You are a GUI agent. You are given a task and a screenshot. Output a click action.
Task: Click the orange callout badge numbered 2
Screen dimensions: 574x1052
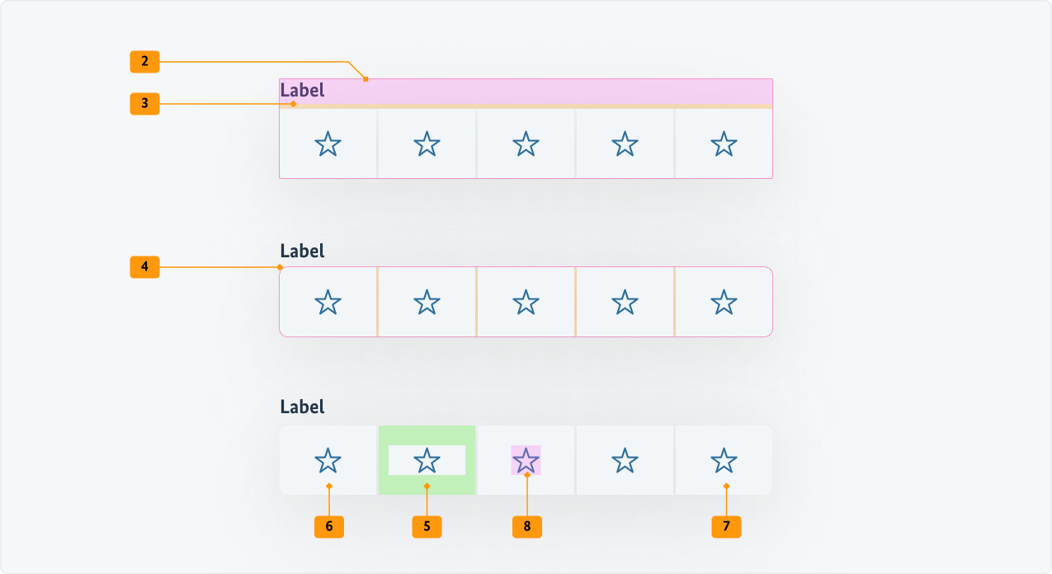click(x=144, y=61)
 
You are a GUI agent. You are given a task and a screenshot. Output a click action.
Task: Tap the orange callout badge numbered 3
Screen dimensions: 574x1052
click(x=144, y=104)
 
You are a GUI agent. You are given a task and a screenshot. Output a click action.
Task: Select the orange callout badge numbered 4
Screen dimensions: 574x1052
click(x=144, y=267)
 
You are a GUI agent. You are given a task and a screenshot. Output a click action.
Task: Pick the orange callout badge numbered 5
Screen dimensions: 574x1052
click(x=427, y=526)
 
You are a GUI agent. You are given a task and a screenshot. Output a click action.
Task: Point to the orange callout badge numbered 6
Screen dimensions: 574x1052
click(x=329, y=526)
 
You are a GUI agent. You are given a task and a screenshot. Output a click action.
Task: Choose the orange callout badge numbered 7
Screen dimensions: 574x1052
click(x=726, y=526)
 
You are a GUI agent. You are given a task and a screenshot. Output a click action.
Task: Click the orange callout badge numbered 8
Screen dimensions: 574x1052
click(x=526, y=526)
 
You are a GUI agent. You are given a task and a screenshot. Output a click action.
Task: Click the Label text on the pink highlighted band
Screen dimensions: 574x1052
click(x=303, y=91)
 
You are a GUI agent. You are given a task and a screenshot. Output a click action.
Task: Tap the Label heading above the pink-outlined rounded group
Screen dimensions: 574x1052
click(x=303, y=251)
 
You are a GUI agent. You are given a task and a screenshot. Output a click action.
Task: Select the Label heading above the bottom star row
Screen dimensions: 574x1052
click(x=303, y=407)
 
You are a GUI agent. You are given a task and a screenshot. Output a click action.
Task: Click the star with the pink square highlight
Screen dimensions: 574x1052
click(x=526, y=460)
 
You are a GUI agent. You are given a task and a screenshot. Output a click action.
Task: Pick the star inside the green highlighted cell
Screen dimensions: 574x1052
click(x=427, y=460)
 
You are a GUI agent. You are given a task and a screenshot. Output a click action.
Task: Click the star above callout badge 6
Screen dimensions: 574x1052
click(x=328, y=460)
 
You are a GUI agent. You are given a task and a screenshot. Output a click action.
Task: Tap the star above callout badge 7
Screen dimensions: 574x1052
click(x=724, y=460)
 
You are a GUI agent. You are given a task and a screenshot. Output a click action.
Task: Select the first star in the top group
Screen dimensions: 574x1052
click(x=328, y=144)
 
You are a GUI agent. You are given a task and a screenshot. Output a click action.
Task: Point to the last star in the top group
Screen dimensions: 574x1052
click(x=724, y=144)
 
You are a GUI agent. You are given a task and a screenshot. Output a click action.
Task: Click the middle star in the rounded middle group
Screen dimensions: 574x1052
click(x=526, y=302)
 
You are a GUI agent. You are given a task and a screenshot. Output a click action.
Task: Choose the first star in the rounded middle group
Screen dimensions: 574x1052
click(x=328, y=302)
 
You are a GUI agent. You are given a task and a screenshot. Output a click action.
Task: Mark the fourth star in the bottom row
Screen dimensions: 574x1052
click(x=625, y=460)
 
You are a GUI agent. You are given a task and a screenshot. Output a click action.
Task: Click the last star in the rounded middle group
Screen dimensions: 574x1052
click(x=724, y=302)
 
